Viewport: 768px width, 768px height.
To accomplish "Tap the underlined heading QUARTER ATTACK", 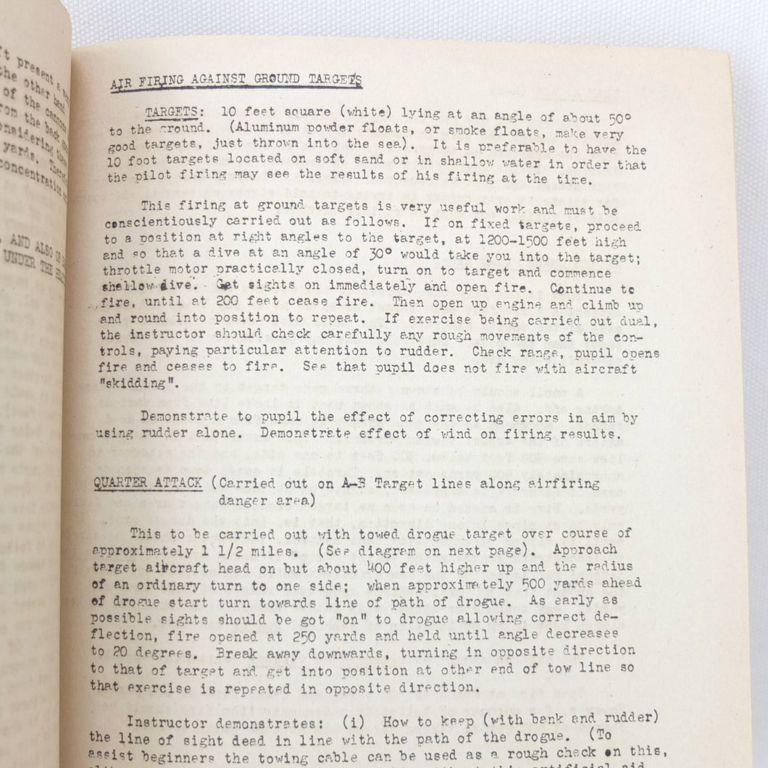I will coord(148,483).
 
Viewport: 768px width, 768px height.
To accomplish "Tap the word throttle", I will coord(122,273).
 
